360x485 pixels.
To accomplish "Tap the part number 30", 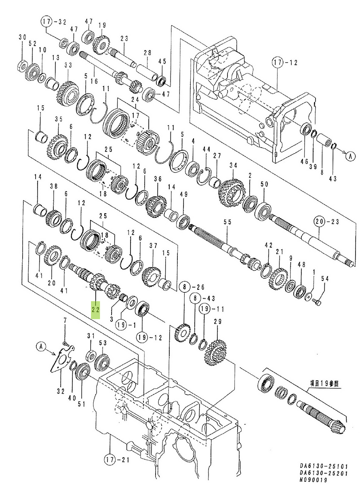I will click(22, 37).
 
